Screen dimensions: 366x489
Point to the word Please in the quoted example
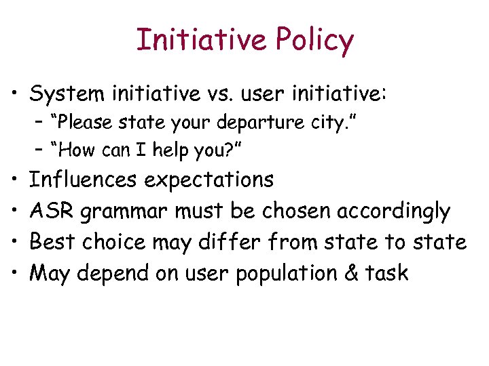(x=87, y=123)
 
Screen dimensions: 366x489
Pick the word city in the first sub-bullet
(x=329, y=123)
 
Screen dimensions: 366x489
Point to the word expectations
(x=210, y=181)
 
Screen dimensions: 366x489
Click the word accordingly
(x=393, y=212)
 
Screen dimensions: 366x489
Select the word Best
(x=53, y=242)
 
